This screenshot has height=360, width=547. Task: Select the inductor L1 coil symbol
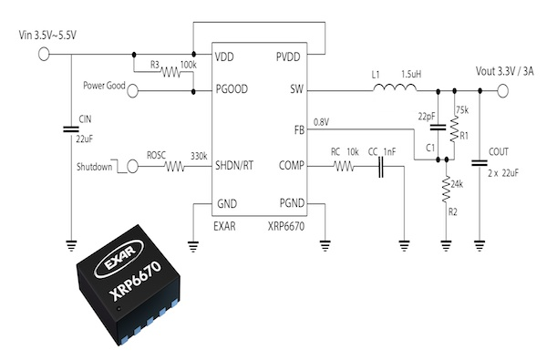[393, 89]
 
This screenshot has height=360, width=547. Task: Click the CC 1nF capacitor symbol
[380, 168]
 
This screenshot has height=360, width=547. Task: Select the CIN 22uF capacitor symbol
[72, 130]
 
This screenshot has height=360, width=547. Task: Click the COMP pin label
[293, 168]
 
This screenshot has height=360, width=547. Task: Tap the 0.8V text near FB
[321, 121]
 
